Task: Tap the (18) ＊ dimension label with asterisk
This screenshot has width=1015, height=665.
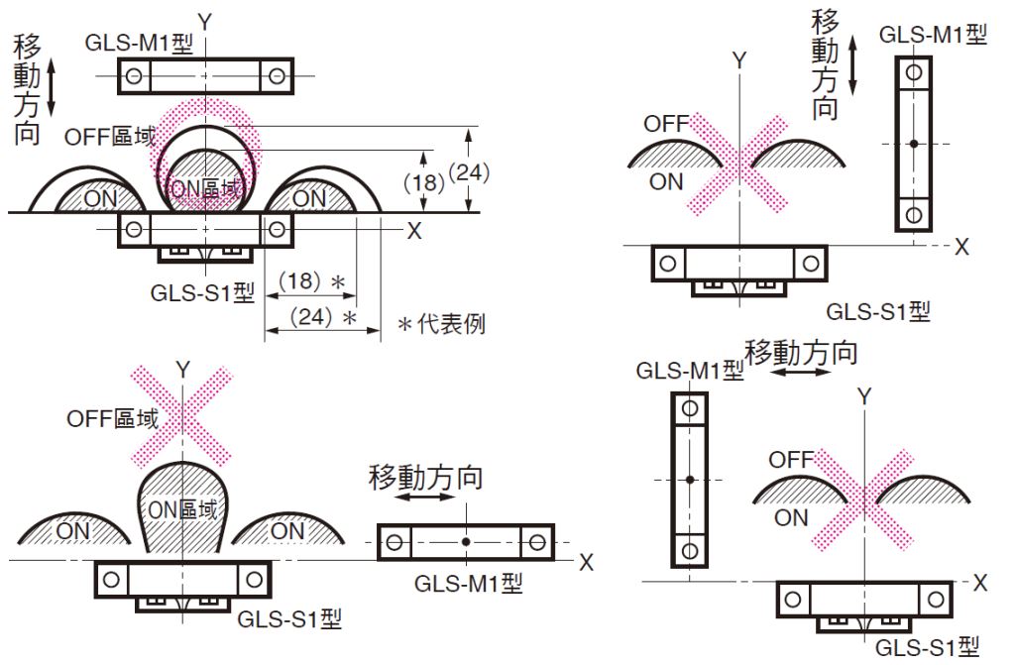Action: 310,281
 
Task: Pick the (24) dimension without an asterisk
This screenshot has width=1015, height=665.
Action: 469,171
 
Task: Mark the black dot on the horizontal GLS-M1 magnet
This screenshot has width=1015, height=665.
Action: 466,542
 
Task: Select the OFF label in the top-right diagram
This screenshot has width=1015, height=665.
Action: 666,124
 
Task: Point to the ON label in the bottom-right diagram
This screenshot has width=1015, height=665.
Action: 791,516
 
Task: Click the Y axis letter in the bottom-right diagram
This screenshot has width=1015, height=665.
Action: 864,396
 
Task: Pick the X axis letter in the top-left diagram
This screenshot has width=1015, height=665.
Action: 414,230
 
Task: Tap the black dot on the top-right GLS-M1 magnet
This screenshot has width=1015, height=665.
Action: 913,144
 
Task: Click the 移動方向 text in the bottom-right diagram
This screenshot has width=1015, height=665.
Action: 801,352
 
